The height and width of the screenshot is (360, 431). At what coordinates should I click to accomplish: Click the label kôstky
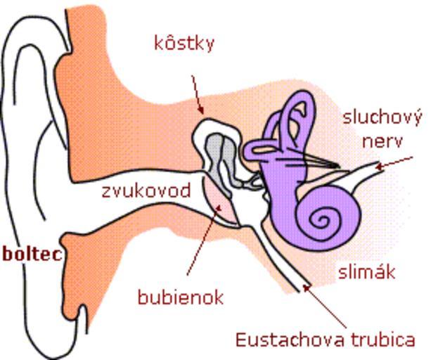click(x=184, y=44)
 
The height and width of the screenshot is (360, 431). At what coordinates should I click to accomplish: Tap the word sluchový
click(x=382, y=118)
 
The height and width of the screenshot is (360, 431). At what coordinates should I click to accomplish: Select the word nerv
click(x=382, y=141)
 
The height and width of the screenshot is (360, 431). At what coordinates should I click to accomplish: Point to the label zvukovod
click(x=146, y=191)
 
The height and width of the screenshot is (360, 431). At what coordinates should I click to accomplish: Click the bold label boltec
click(x=32, y=255)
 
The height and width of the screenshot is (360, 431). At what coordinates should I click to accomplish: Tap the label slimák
click(x=367, y=272)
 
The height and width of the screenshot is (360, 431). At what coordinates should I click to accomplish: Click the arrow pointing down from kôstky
click(x=198, y=94)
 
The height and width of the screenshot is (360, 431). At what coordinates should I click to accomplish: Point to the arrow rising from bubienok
click(x=204, y=239)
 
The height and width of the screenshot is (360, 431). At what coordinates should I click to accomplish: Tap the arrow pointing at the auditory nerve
click(x=394, y=162)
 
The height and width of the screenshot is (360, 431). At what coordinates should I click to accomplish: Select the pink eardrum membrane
click(x=221, y=201)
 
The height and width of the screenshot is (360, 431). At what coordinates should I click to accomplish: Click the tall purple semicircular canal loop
click(x=299, y=117)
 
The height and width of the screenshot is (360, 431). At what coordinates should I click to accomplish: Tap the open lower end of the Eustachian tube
click(x=305, y=288)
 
